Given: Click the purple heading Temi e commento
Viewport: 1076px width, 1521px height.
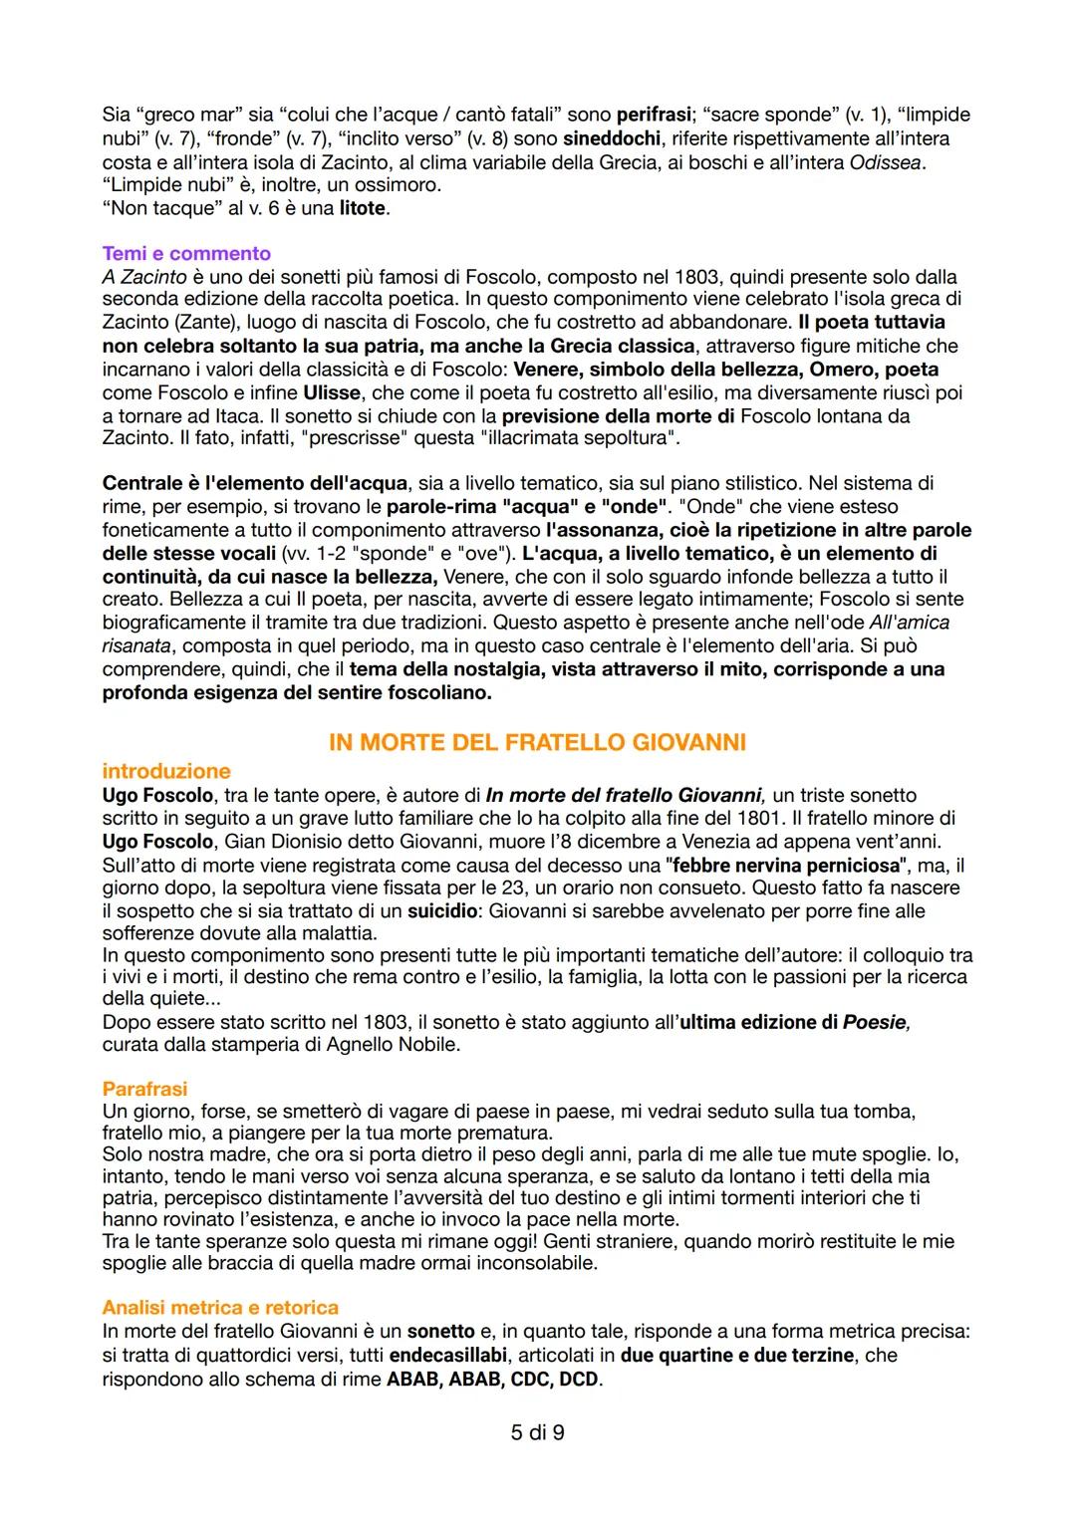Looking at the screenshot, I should coord(186,253).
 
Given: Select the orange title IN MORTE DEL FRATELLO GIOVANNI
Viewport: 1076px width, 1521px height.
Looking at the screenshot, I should coord(537,742).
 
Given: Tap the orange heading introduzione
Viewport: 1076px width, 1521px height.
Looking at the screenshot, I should coord(166,771).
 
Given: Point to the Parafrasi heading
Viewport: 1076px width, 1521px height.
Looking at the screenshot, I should coord(144,1089).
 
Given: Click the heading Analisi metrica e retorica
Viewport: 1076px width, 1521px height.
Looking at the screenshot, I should coord(220,1307).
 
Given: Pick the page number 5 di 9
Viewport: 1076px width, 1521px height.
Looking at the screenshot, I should coord(537,1432).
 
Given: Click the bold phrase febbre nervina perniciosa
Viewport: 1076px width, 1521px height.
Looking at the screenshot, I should coord(786,865).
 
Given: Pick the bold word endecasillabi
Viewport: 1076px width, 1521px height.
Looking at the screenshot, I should coord(448,1356).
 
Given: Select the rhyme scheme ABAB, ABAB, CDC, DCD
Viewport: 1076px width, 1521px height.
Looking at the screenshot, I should coord(494,1380).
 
